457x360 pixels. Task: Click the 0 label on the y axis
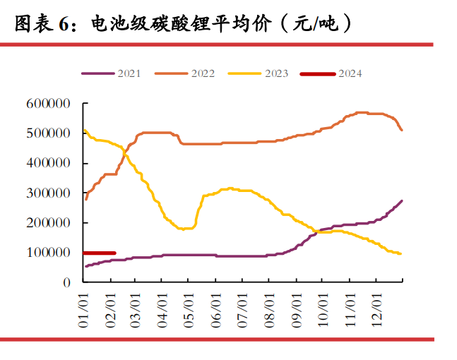pos(67,282)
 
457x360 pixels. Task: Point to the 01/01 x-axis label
pos(83,311)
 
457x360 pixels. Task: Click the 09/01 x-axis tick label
pos(295,311)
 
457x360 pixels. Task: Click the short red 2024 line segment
pos(99,253)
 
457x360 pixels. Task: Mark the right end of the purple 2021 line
pos(402,201)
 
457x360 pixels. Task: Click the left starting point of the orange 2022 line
pos(85,199)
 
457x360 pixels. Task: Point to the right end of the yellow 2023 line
pos(401,254)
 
